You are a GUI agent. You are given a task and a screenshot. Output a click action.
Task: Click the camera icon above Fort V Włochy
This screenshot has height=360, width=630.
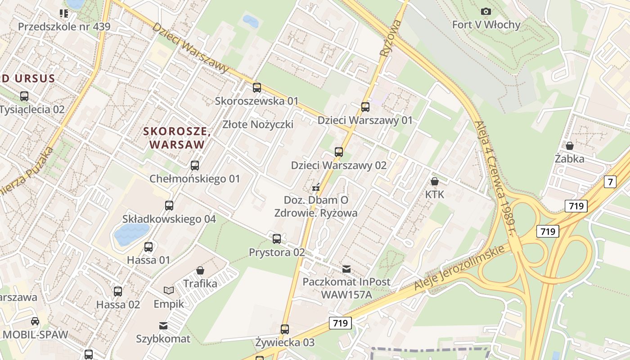[x=486, y=11]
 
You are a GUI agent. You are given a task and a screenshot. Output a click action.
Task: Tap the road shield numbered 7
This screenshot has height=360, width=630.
[x=610, y=182]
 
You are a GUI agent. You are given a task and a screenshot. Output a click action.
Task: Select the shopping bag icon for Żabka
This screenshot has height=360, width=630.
[x=570, y=146]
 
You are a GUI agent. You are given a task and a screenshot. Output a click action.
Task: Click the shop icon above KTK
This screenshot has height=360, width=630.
[x=435, y=181]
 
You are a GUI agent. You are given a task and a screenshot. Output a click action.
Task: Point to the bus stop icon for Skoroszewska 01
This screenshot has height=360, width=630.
[x=257, y=87]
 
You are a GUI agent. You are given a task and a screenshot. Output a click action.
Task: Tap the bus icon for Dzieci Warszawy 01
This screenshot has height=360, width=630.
[x=365, y=107]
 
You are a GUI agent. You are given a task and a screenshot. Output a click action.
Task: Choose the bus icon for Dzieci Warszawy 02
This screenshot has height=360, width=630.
[x=339, y=152]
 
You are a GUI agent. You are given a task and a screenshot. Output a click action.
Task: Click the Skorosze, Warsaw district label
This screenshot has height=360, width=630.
[x=177, y=138]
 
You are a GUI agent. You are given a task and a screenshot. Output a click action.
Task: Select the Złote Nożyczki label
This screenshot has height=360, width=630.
[x=258, y=124]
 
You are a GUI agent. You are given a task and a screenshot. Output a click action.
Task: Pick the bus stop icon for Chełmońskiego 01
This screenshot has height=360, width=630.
[x=195, y=166]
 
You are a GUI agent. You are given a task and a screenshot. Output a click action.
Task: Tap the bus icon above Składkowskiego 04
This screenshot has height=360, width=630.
[x=169, y=206]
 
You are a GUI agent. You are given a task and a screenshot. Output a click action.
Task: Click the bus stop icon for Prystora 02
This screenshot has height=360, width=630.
[x=277, y=239]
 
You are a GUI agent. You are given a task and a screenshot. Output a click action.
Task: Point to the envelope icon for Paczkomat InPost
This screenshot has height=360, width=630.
[x=346, y=269]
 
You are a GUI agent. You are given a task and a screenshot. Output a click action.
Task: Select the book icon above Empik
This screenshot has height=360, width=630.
[x=169, y=291]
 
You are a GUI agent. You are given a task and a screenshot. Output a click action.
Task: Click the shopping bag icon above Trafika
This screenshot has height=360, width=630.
[x=200, y=270]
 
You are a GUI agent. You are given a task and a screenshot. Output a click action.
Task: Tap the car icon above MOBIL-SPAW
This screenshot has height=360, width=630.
[x=35, y=321]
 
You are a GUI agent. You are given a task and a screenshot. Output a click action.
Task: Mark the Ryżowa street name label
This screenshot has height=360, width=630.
[x=390, y=38]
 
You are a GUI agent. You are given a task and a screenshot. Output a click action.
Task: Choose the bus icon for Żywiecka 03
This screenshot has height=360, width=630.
[x=285, y=329]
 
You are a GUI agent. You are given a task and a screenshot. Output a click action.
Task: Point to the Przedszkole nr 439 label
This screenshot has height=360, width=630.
[x=64, y=27]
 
